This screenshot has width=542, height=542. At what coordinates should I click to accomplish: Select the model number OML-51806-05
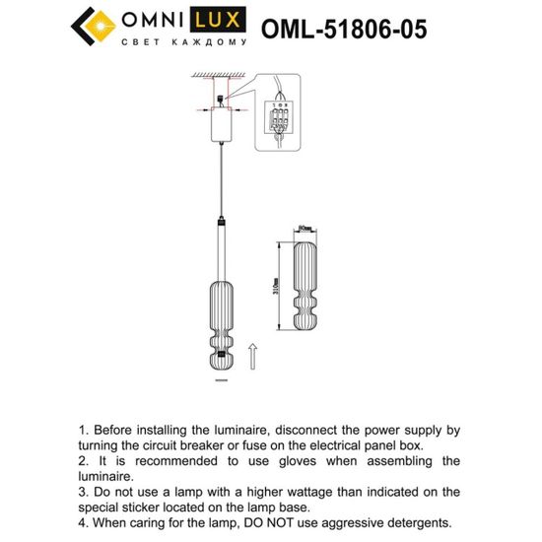(x=344, y=29)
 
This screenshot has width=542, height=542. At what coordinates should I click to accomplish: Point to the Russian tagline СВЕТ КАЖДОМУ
(x=182, y=43)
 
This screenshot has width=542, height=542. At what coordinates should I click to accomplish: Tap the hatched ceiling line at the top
(x=219, y=77)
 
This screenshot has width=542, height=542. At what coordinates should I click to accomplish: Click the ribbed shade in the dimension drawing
(x=305, y=289)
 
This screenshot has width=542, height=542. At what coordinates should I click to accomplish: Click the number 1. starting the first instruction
(x=85, y=430)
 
